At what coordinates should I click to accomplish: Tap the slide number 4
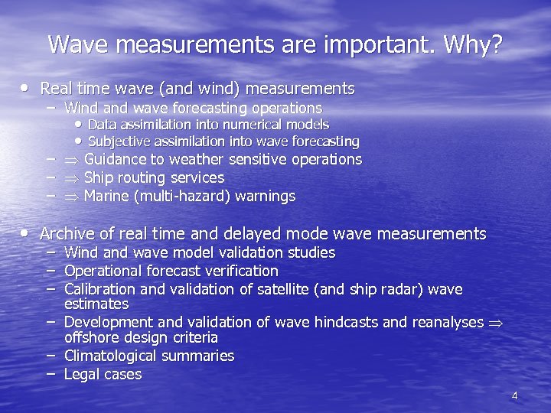[x=514, y=395]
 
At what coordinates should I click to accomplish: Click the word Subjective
[x=119, y=141]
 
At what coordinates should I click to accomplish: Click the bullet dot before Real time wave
[x=28, y=89]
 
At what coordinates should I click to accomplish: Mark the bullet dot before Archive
[x=28, y=233]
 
